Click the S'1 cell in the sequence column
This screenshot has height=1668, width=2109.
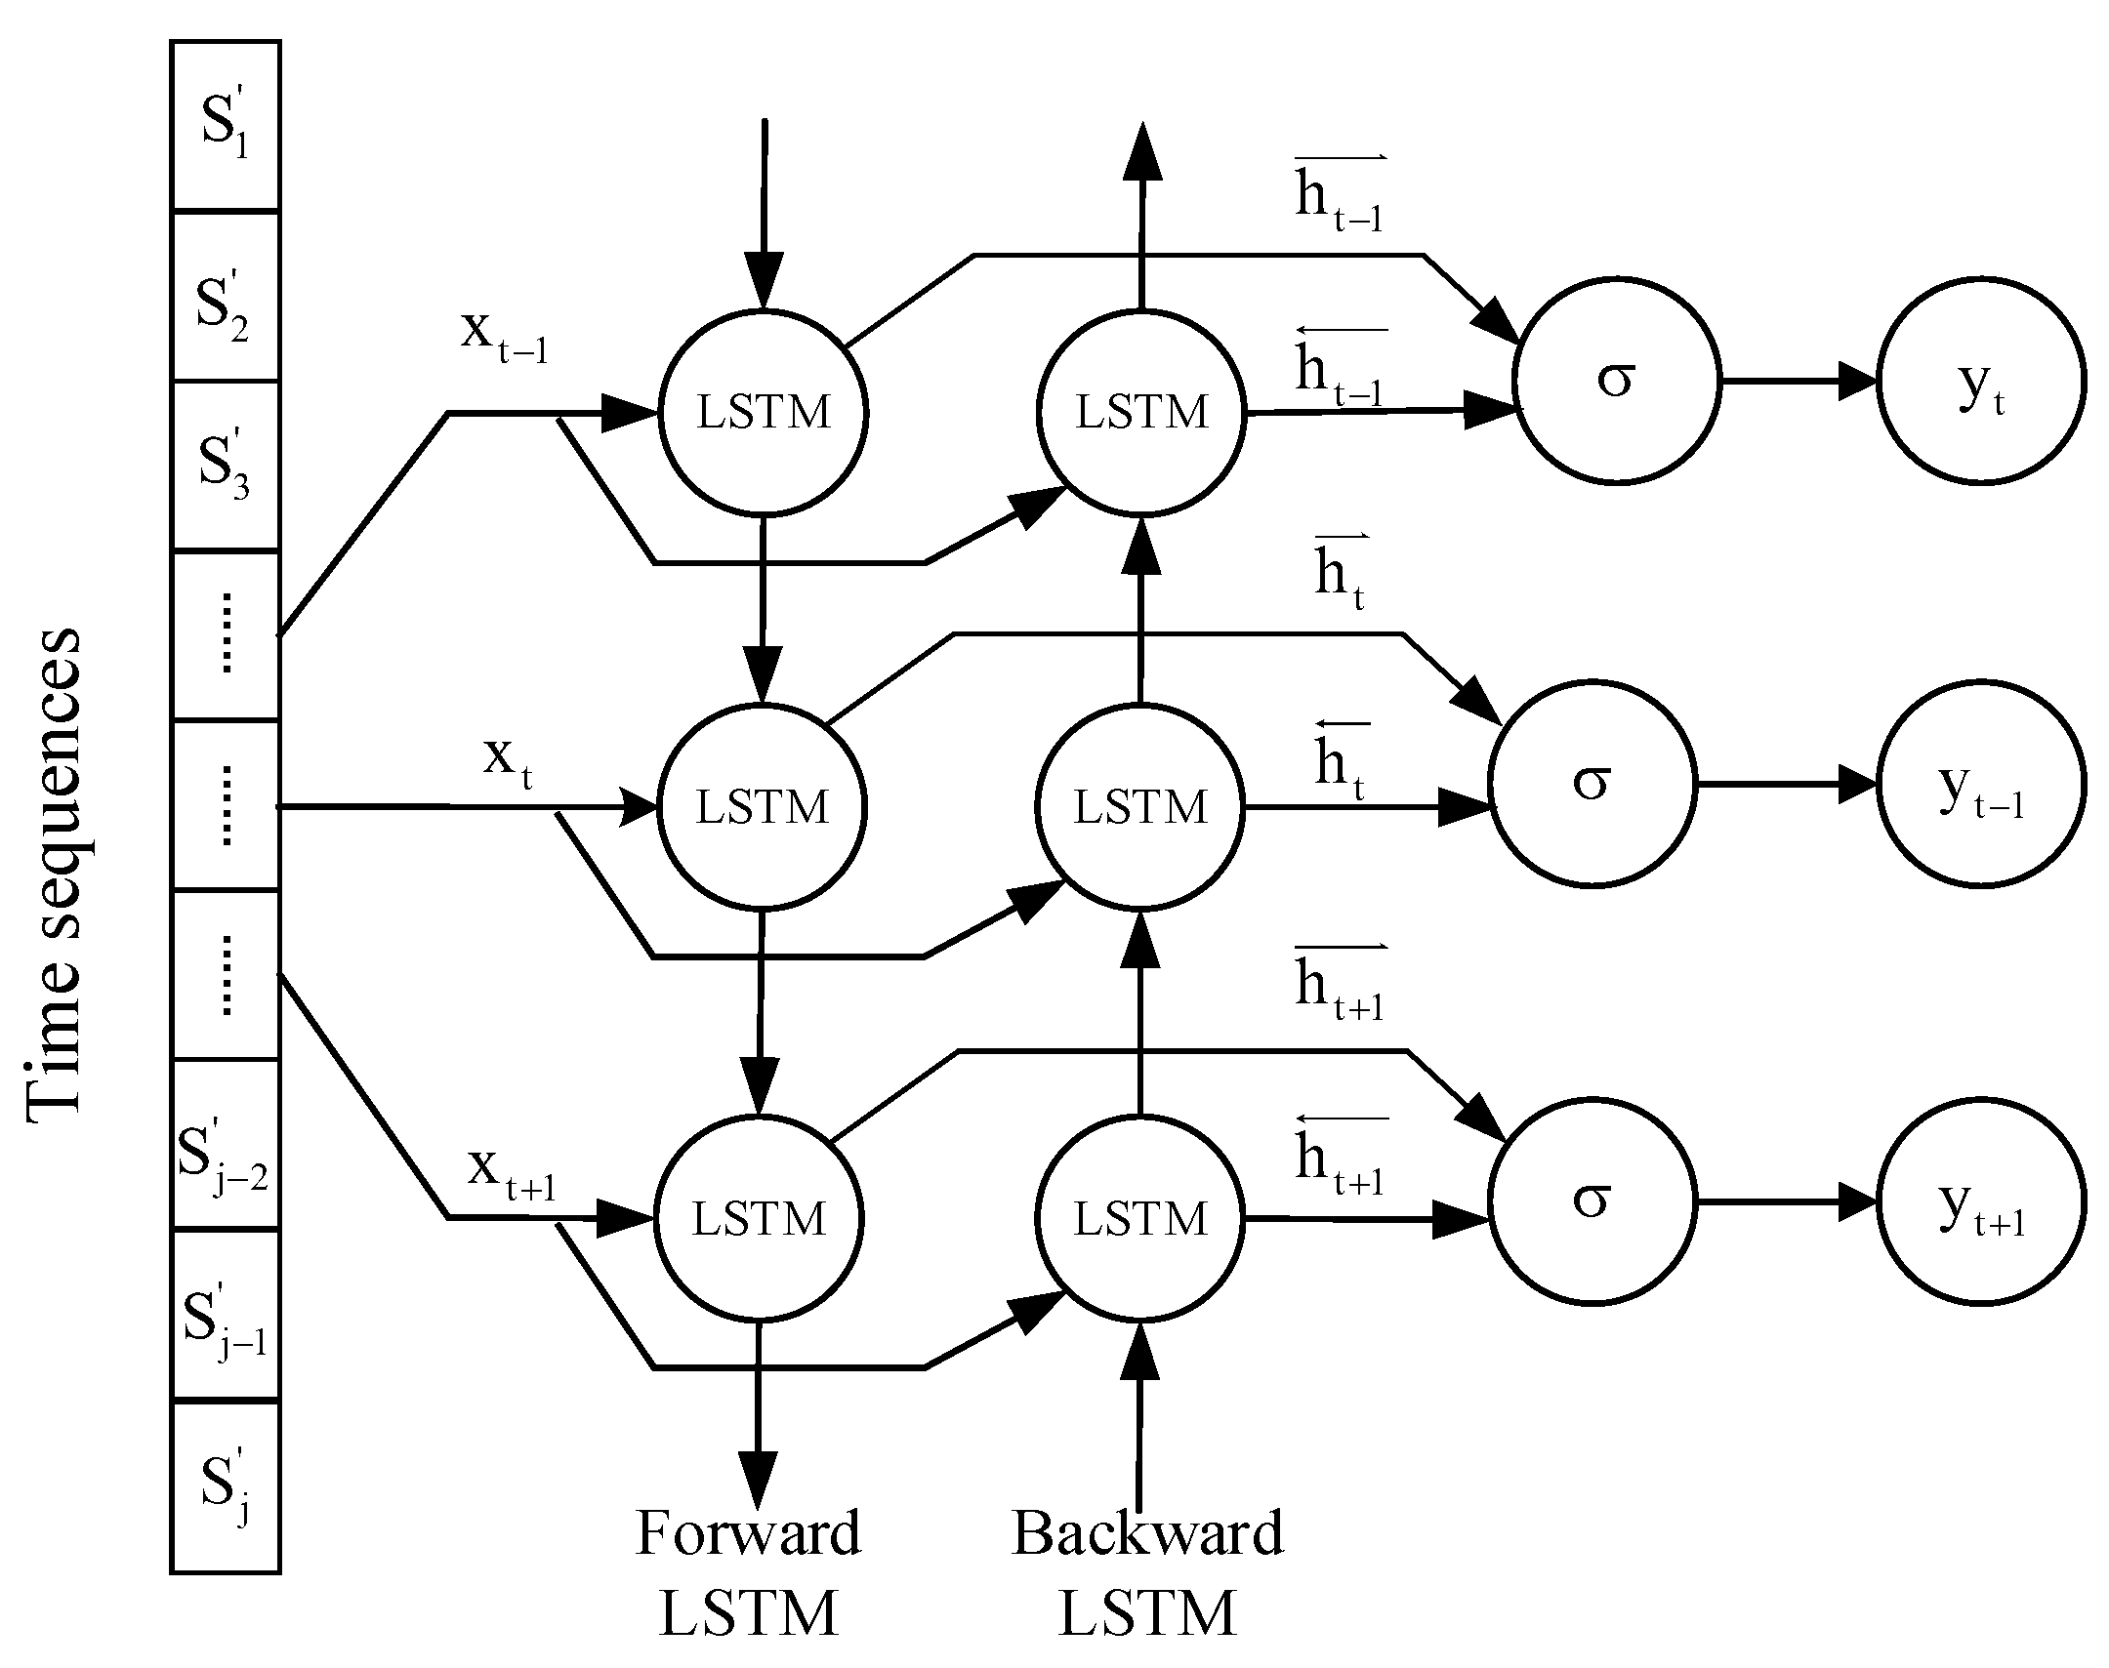click(x=226, y=125)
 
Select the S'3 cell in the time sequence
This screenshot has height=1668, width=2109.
click(x=226, y=465)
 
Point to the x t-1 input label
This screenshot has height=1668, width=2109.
click(x=504, y=335)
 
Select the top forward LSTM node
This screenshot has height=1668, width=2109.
click(x=763, y=412)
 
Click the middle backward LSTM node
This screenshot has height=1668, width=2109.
click(x=1140, y=807)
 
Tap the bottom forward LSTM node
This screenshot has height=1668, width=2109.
click(x=759, y=1219)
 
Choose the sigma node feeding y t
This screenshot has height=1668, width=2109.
click(x=1617, y=380)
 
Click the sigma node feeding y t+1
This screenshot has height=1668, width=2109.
click(x=1592, y=1200)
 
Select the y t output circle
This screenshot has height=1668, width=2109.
click(x=1981, y=381)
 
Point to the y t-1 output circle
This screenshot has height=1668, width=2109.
click(x=1981, y=784)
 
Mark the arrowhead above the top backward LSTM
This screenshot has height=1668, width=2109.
click(x=1142, y=154)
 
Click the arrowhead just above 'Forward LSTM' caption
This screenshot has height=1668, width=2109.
click(x=758, y=1480)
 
